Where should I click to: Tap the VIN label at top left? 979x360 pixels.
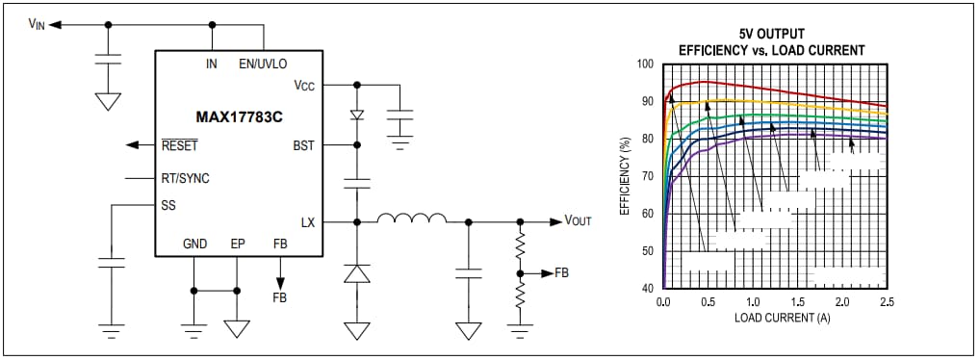(x=38, y=24)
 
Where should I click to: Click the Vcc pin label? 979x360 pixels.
(x=304, y=85)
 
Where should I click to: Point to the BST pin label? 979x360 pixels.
(x=303, y=145)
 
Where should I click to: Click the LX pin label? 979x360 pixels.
(x=307, y=222)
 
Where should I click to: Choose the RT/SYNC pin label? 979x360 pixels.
(x=185, y=178)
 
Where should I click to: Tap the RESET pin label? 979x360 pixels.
(x=179, y=146)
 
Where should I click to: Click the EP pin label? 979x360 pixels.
(x=236, y=244)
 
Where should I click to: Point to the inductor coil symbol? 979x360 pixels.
(x=411, y=220)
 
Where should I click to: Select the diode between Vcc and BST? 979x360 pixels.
(x=357, y=115)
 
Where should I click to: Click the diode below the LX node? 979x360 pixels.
(x=357, y=274)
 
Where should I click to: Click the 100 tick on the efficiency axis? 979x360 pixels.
(x=645, y=64)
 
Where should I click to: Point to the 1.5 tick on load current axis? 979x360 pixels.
(x=797, y=301)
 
